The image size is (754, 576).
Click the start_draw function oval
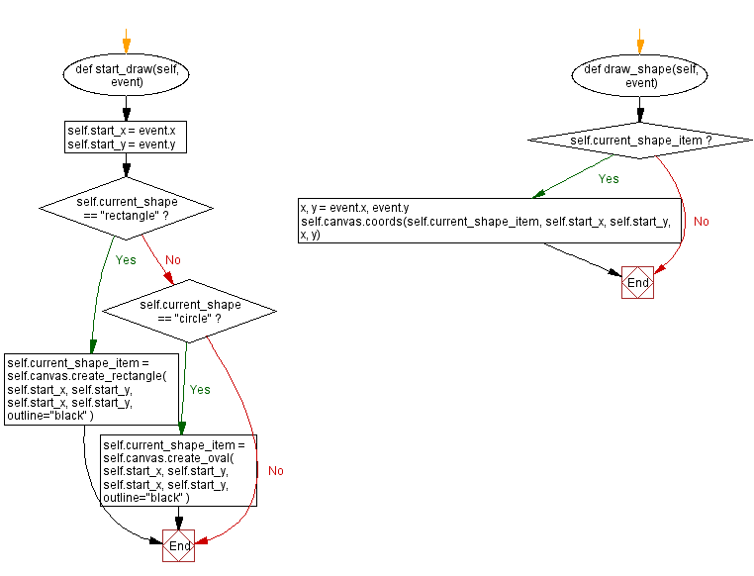click(127, 75)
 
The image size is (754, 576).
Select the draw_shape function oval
click(641, 75)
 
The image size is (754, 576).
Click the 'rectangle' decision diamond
click(127, 208)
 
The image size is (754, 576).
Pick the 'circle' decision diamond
click(190, 311)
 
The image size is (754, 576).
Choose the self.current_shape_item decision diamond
click(641, 141)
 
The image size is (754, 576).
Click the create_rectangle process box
click(92, 389)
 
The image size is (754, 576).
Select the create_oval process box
click(179, 471)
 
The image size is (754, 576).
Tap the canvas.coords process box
click(491, 221)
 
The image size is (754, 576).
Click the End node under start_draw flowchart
click(179, 545)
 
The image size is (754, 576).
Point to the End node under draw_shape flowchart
click(638, 282)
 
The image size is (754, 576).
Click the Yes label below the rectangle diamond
click(127, 260)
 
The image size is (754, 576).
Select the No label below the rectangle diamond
click(172, 260)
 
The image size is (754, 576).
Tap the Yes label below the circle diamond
click(200, 390)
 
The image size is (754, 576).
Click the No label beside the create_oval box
click(275, 471)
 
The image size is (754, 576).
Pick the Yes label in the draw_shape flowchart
click(609, 179)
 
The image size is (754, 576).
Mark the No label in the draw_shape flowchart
click(701, 222)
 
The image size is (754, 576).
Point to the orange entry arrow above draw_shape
click(641, 42)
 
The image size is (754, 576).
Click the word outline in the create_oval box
click(123, 497)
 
